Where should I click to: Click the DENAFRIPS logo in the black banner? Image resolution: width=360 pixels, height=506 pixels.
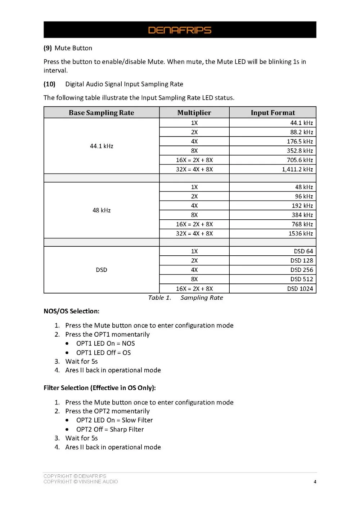tap(180, 30)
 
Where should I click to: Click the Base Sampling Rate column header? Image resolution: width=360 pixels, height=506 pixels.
tap(101, 113)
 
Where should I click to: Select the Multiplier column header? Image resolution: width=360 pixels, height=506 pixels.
tap(194, 113)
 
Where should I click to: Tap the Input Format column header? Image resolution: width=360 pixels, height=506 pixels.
tap(273, 113)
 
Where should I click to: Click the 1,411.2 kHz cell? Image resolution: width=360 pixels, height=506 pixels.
tap(297, 169)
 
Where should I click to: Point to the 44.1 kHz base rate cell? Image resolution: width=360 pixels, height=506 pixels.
tap(102, 146)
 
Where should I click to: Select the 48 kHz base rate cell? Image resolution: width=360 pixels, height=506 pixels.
tap(102, 210)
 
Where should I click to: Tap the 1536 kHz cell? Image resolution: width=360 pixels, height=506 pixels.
tap(301, 233)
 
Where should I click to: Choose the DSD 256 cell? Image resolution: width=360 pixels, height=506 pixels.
tap(301, 270)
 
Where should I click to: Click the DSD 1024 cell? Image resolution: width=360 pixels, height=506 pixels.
tap(300, 288)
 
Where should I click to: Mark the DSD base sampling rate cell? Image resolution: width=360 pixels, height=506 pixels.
tap(102, 270)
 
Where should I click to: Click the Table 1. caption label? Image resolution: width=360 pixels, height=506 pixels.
tap(159, 297)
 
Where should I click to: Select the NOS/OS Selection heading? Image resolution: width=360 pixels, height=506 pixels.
tap(71, 311)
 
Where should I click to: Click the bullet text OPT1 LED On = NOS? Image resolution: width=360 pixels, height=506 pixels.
tap(105, 344)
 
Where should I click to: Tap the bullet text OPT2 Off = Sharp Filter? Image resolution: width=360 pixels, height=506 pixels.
tap(110, 429)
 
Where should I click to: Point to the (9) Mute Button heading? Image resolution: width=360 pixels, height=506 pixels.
tap(68, 48)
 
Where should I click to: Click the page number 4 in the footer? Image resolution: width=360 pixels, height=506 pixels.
tap(315, 482)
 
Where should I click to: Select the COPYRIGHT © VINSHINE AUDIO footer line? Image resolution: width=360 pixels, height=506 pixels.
tap(81, 482)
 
